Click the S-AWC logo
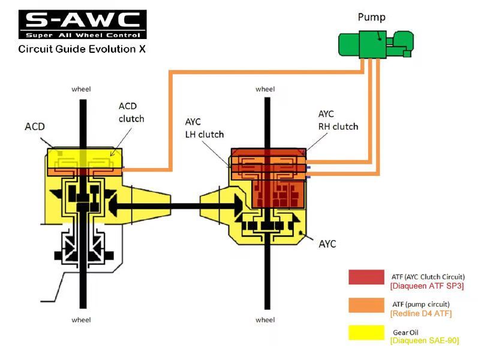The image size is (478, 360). [82, 23]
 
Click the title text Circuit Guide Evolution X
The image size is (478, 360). [82, 49]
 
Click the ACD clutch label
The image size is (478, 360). [131, 112]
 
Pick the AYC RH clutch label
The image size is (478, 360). [338, 120]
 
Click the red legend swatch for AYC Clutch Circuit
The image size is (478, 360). [366, 277]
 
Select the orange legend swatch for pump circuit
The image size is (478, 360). [366, 305]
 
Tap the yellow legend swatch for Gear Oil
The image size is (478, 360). [366, 332]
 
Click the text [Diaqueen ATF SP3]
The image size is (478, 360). [427, 286]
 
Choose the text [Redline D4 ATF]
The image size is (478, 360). [420, 314]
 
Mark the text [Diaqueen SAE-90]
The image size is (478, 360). [424, 341]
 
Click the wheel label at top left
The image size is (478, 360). [81, 89]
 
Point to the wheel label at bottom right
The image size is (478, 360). [264, 320]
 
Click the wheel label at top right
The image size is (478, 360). [264, 89]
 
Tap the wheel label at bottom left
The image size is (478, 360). [81, 319]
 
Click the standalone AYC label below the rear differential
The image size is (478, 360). [327, 244]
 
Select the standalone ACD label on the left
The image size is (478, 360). [35, 127]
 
